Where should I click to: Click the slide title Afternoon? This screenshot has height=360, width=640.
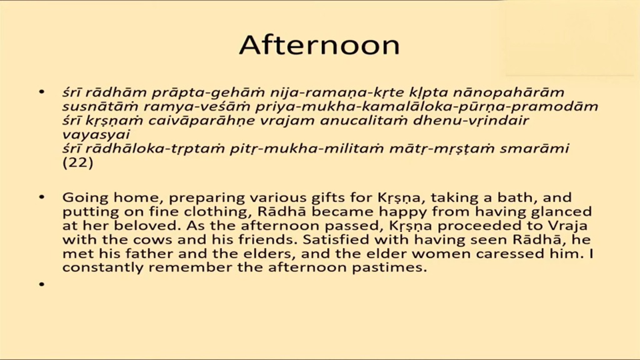coord(319,45)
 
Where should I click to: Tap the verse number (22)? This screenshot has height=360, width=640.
coord(77,163)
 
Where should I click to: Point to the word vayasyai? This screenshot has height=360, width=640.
coord(96,135)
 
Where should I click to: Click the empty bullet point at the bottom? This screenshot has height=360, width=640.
coord(41,284)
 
